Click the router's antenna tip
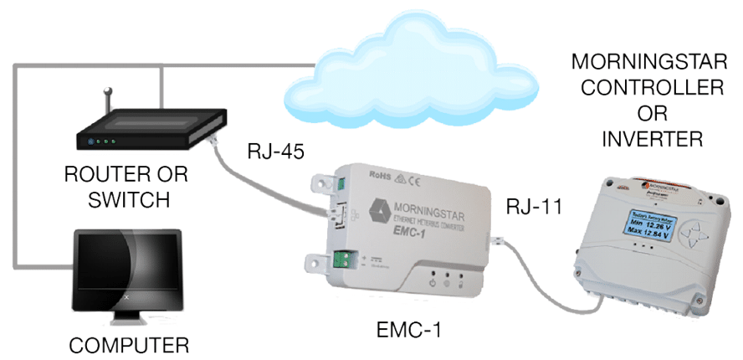click(x=107, y=88)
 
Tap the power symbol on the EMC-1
click(x=430, y=283)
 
